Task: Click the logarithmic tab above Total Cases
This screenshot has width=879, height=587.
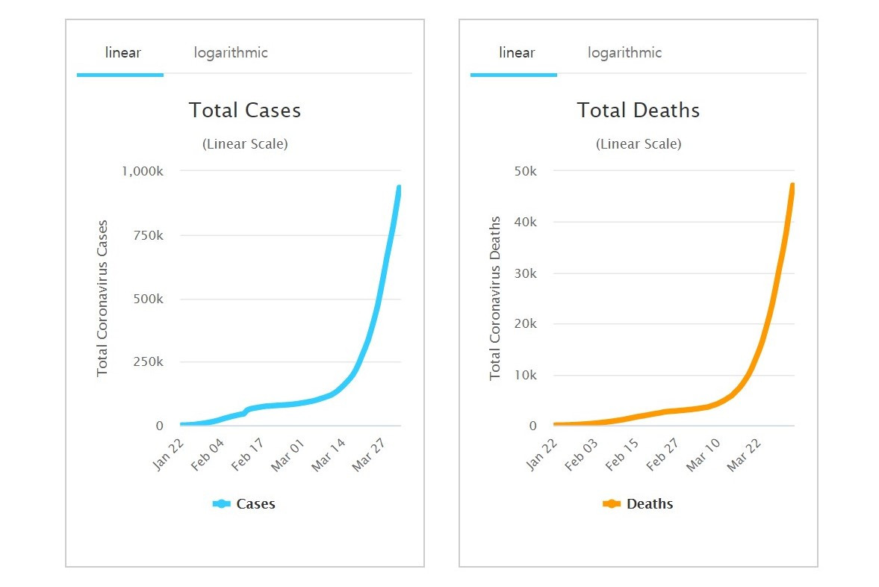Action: point(230,53)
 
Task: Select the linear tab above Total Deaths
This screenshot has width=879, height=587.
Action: point(516,53)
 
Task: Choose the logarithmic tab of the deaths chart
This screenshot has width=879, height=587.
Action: point(624,53)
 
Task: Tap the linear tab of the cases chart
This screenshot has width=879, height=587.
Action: point(122,53)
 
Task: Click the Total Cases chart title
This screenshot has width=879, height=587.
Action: point(245,111)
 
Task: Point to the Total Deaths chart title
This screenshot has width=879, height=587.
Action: point(639,111)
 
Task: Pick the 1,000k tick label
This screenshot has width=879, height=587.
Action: point(142,171)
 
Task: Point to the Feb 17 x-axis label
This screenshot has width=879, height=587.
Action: point(248,454)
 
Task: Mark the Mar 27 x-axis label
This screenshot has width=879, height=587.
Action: point(368,454)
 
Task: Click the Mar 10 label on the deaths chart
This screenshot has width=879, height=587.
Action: point(702,454)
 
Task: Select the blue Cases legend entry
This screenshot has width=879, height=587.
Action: point(244,504)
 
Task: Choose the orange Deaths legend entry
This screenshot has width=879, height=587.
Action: point(638,504)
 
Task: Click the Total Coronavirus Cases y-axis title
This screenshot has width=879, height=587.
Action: point(103,298)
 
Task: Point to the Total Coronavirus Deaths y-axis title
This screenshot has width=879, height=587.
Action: point(496,298)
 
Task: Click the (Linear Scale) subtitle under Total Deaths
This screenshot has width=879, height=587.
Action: point(639,144)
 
